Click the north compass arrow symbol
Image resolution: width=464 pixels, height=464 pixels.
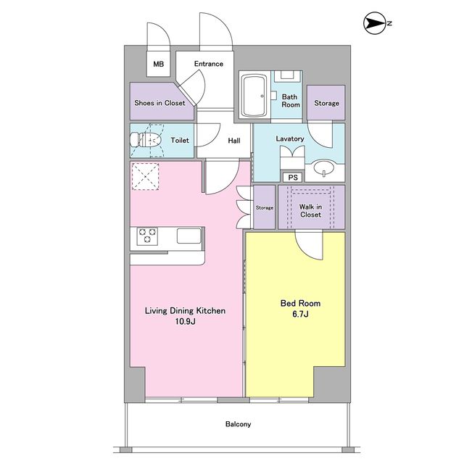point(375,23)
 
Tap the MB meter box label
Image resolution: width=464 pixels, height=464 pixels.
point(159,64)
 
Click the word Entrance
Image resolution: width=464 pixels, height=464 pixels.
point(209,64)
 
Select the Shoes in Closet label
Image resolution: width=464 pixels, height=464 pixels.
point(159,103)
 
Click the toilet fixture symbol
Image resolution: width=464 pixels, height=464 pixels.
point(145,140)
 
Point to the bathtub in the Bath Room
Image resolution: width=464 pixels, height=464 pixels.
point(254,96)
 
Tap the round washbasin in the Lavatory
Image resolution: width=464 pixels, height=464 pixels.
point(324,168)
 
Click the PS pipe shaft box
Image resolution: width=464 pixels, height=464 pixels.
point(293,177)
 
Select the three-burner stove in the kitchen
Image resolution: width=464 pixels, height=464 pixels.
point(147,236)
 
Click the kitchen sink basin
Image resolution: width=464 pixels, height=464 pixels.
point(188,236)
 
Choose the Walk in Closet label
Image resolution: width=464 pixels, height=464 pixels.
point(311,211)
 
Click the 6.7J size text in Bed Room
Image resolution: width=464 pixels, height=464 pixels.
point(300,314)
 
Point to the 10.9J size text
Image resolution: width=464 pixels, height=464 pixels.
point(186,321)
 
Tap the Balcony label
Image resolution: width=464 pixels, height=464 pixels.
point(239,424)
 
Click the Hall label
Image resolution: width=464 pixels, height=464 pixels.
point(234,141)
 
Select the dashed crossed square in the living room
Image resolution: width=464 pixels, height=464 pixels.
point(145,177)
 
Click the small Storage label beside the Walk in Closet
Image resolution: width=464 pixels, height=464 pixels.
point(265,208)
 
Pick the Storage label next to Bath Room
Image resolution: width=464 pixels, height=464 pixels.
point(326,103)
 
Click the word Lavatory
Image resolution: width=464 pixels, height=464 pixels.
point(290,138)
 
